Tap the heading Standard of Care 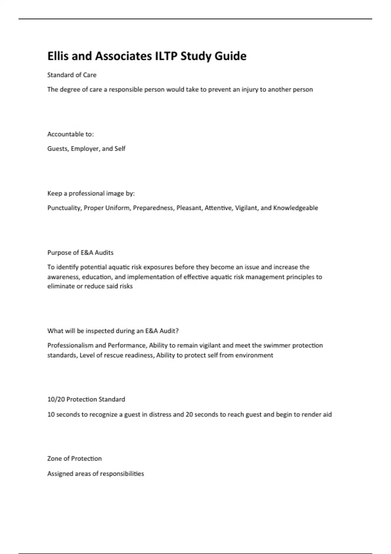(x=72, y=75)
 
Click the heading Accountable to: (x=70, y=134)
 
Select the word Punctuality (x=64, y=208)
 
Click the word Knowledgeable (x=296, y=208)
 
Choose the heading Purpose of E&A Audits (x=80, y=253)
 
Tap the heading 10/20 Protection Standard (x=86, y=399)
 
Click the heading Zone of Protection (x=74, y=459)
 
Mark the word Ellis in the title (x=58, y=56)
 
